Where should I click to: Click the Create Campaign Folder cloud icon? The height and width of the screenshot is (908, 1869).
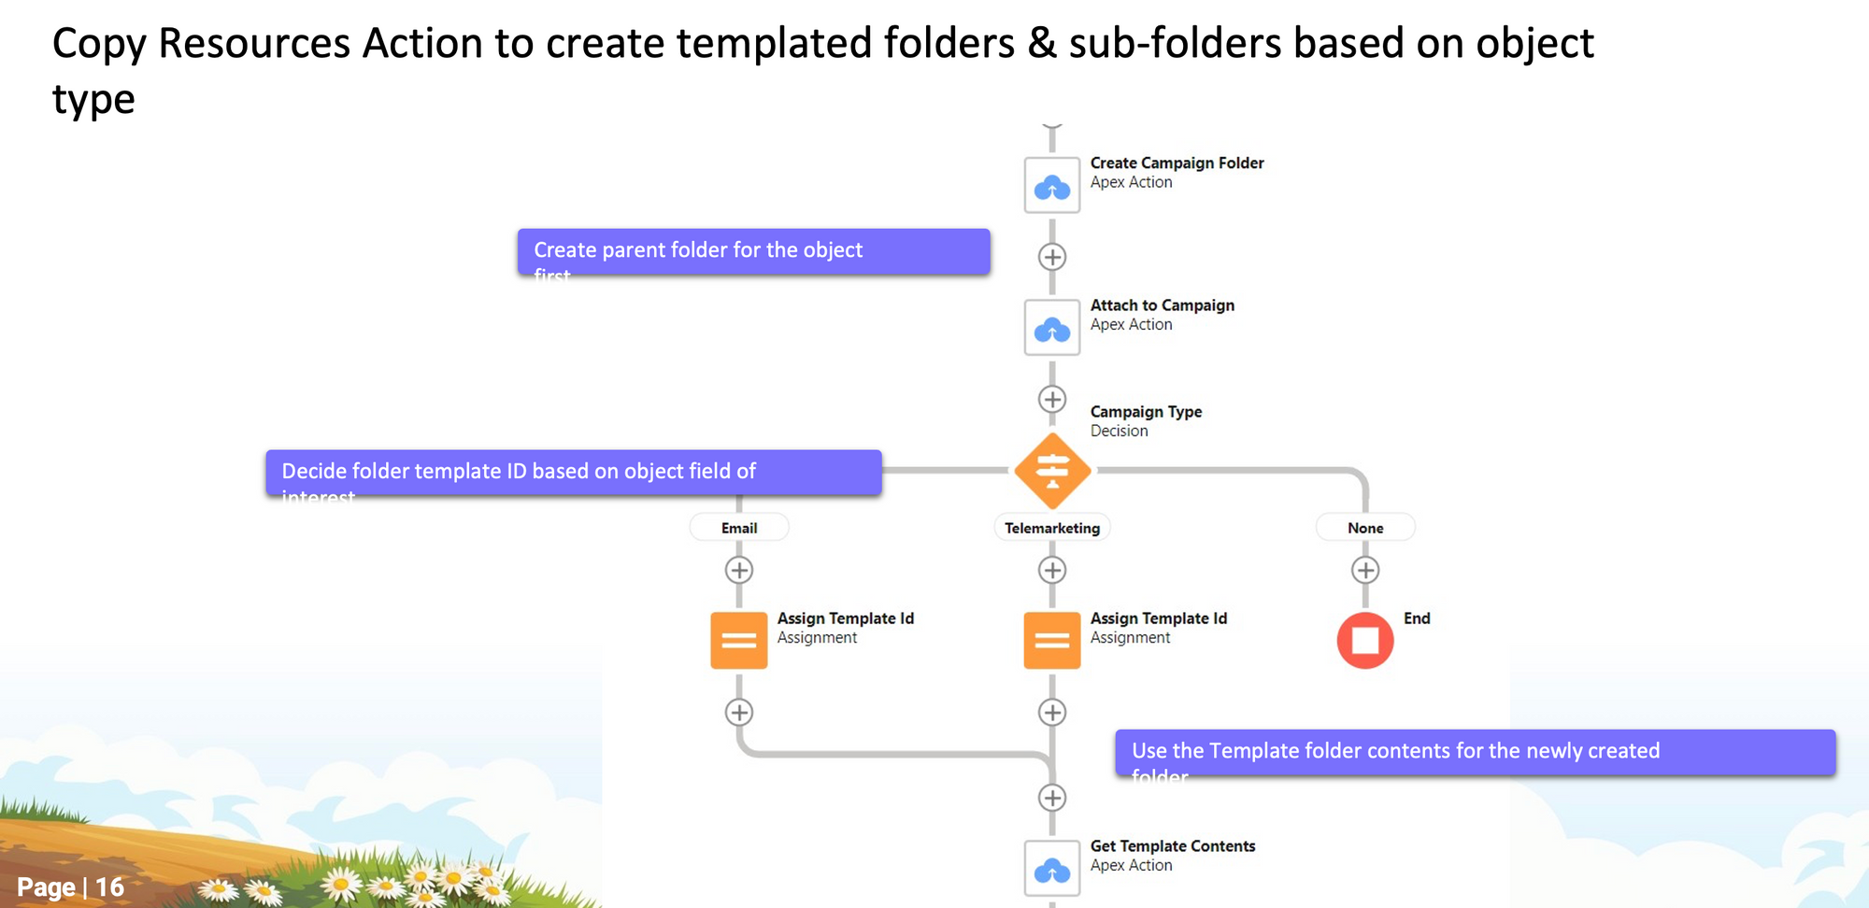(1052, 186)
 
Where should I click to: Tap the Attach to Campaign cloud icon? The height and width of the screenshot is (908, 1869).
(1052, 328)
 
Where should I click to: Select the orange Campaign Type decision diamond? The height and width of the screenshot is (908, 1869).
(1052, 471)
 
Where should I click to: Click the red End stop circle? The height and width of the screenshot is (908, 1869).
(1365, 641)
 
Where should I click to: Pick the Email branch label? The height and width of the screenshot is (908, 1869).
(739, 528)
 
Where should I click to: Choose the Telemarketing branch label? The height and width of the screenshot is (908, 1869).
(1052, 528)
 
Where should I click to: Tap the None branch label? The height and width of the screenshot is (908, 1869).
(1365, 528)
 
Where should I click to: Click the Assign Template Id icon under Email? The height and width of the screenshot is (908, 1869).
(739, 641)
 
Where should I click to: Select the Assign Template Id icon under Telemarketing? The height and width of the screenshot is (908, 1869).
(1052, 641)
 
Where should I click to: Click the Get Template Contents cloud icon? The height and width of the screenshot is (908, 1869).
(1052, 870)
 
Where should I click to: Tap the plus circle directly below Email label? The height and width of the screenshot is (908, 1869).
(739, 570)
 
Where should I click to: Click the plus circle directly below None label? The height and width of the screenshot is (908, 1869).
(1365, 570)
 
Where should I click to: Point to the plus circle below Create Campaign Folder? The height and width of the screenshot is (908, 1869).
(1052, 257)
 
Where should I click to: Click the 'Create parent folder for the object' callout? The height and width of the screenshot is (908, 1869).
(753, 251)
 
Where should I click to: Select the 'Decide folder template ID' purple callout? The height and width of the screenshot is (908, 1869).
(573, 473)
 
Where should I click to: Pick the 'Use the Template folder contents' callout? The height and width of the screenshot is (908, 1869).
(1475, 752)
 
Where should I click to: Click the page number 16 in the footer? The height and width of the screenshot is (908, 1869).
(109, 887)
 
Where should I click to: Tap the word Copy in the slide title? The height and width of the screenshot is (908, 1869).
(98, 44)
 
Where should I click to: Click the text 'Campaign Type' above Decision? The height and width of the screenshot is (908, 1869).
(1146, 412)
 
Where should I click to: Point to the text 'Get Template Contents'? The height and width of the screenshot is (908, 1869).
(1173, 846)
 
